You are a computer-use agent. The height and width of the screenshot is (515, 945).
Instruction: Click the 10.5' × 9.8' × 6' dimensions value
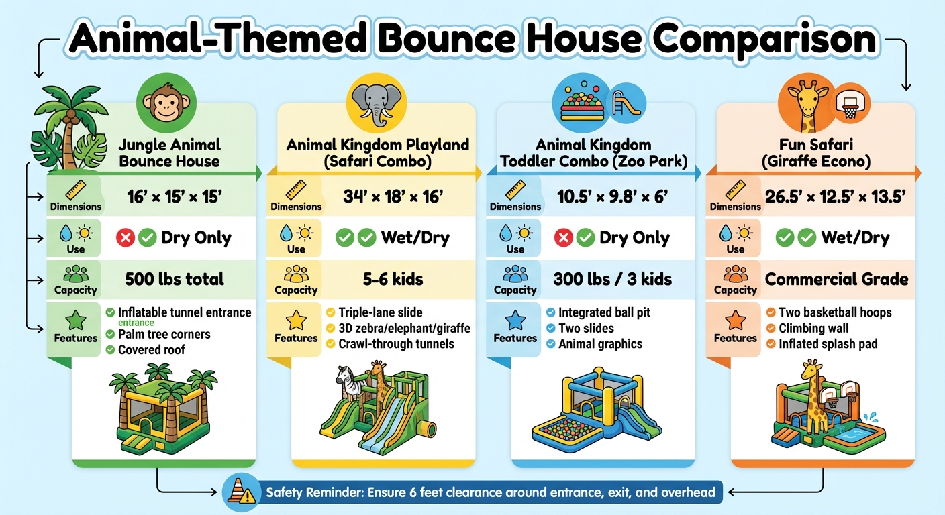click(x=615, y=197)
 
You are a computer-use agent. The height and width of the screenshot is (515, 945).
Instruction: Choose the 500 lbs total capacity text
click(x=175, y=279)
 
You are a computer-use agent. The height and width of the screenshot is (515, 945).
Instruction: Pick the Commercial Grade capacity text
click(x=836, y=279)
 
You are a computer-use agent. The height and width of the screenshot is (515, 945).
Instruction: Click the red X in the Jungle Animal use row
click(x=125, y=238)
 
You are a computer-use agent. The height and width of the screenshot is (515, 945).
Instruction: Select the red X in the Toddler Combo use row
click(x=564, y=238)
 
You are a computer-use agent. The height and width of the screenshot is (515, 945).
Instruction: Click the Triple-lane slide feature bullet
click(x=381, y=312)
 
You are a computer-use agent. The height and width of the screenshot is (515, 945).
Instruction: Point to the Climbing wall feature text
click(x=813, y=329)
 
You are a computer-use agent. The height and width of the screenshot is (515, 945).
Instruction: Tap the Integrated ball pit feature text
click(x=604, y=312)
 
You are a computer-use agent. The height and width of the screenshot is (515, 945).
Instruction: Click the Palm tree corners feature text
click(x=164, y=334)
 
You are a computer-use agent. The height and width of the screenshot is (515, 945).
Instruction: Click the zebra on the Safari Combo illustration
click(x=347, y=383)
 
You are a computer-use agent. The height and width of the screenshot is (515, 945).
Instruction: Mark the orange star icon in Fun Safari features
click(x=735, y=320)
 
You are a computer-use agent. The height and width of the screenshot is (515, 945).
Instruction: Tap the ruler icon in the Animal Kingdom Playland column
click(x=296, y=189)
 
